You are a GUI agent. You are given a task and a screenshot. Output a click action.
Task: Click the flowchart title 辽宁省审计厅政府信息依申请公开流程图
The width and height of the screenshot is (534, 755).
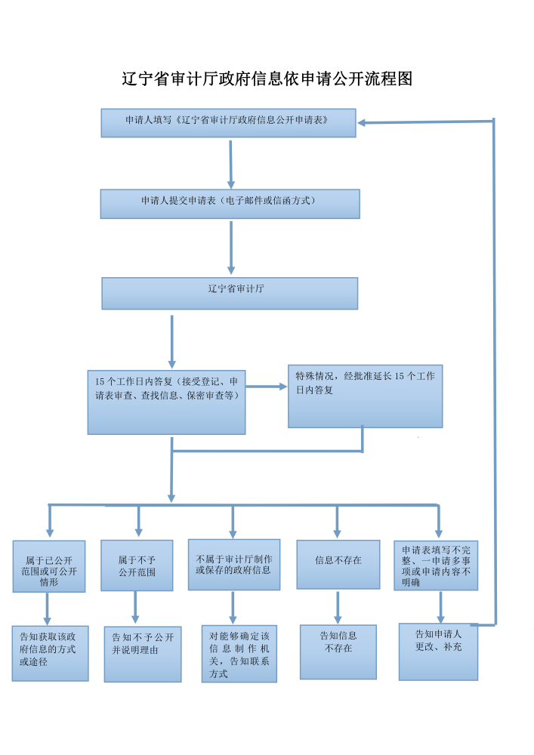[267, 79]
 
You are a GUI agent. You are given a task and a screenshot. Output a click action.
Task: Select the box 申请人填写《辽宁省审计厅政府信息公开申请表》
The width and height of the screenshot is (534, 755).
[228, 122]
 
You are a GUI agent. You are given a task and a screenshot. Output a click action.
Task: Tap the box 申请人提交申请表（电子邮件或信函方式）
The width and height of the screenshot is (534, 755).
[230, 203]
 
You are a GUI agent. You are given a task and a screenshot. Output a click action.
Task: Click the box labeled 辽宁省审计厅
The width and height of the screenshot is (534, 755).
[230, 293]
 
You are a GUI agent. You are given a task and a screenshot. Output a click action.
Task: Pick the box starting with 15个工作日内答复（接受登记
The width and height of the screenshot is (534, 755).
[166, 402]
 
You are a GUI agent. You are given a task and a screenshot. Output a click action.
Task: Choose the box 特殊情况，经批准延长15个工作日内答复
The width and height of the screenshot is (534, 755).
[365, 396]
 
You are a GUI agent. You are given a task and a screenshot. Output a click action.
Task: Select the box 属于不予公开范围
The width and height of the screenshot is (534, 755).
[137, 565]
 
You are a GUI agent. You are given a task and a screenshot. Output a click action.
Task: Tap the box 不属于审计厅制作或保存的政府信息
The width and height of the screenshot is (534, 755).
[233, 564]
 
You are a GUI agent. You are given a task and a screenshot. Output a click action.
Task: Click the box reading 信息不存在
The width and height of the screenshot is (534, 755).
[338, 564]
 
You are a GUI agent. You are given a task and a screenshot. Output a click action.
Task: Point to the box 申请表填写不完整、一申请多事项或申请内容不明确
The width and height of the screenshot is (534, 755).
[436, 565]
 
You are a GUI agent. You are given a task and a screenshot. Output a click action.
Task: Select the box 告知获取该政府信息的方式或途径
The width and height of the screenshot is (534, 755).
[50, 653]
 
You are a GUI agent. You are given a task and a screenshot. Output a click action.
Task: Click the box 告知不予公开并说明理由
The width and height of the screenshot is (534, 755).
[142, 654]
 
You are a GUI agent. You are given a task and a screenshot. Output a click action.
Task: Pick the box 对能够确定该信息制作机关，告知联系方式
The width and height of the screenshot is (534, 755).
[239, 653]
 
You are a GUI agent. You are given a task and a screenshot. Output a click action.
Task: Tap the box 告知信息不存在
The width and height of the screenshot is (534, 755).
[338, 652]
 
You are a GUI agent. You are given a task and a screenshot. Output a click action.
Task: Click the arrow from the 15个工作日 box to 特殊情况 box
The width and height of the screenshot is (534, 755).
[267, 387]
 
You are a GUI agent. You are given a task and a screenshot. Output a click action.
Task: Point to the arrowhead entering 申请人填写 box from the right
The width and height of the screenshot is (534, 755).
[363, 122]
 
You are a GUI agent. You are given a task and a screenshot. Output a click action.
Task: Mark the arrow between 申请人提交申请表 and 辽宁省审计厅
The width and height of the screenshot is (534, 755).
[231, 248]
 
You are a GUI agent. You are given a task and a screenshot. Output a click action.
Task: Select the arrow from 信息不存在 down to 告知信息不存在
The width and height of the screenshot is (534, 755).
[338, 607]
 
